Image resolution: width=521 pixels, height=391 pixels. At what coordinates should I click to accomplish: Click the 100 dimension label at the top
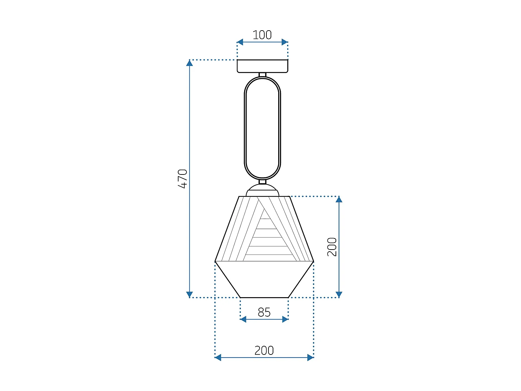pos(262,35)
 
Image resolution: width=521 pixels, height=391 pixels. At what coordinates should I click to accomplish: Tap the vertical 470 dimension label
pos(182,179)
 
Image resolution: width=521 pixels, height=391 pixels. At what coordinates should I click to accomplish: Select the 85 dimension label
pos(264,312)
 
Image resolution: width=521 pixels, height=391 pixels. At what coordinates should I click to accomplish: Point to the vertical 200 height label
pos(332,247)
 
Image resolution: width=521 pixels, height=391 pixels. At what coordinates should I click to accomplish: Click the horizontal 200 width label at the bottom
pos(264,350)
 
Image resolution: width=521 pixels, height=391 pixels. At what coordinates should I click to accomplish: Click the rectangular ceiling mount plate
pos(262,66)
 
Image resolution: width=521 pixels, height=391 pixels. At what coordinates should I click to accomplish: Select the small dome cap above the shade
pos(262,192)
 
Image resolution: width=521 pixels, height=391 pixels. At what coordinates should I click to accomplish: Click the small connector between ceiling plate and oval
pos(263,75)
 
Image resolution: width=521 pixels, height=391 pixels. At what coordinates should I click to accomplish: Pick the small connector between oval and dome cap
pos(263,182)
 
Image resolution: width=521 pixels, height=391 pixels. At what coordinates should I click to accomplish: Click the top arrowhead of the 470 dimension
pos(189,63)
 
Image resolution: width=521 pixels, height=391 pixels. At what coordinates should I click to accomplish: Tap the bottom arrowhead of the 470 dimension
pos(189,294)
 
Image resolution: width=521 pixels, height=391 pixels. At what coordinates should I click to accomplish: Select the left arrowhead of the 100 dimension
pos(240,42)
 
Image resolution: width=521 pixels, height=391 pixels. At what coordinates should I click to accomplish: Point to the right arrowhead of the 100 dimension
pos(285,42)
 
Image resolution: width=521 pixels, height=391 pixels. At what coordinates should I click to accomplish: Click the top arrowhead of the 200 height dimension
pos(339,199)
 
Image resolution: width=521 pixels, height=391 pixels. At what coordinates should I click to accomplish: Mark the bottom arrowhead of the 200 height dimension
pos(339,294)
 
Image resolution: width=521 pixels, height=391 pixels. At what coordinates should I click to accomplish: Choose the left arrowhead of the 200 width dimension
pos(218,357)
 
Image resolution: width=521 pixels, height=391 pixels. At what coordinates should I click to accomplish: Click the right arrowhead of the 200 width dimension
pos(311,357)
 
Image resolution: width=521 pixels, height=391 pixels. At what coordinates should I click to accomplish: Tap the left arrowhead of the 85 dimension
pos(243,319)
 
